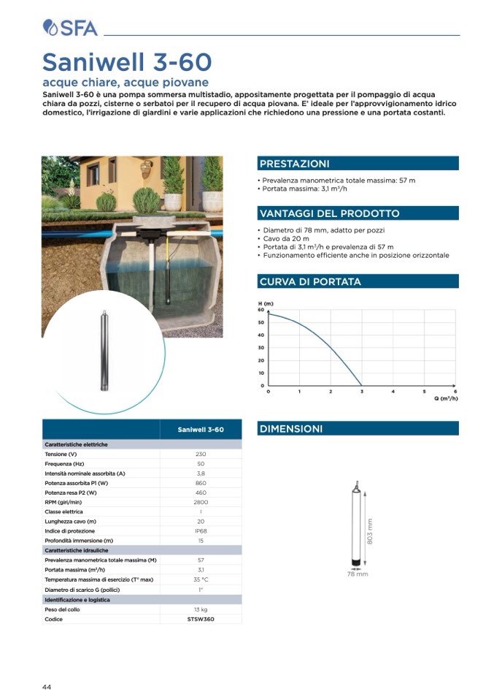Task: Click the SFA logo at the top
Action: (x=71, y=28)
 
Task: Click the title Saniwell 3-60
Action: (x=127, y=61)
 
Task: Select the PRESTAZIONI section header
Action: (x=295, y=164)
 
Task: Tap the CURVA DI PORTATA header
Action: (x=310, y=281)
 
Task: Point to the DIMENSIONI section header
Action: (x=291, y=429)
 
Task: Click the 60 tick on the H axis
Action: (x=260, y=310)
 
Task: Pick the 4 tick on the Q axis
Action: (x=393, y=392)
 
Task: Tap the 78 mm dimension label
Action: (x=358, y=574)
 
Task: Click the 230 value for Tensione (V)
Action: (x=201, y=454)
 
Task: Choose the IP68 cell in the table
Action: (x=201, y=530)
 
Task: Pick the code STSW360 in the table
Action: (x=201, y=619)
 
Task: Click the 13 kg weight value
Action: (x=201, y=609)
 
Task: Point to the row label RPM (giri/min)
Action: (x=63, y=502)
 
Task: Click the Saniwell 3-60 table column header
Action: (x=201, y=429)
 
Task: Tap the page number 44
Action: (x=46, y=687)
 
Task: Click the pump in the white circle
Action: (x=104, y=351)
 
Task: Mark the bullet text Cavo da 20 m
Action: (x=286, y=239)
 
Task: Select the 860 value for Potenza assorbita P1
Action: (x=201, y=483)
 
